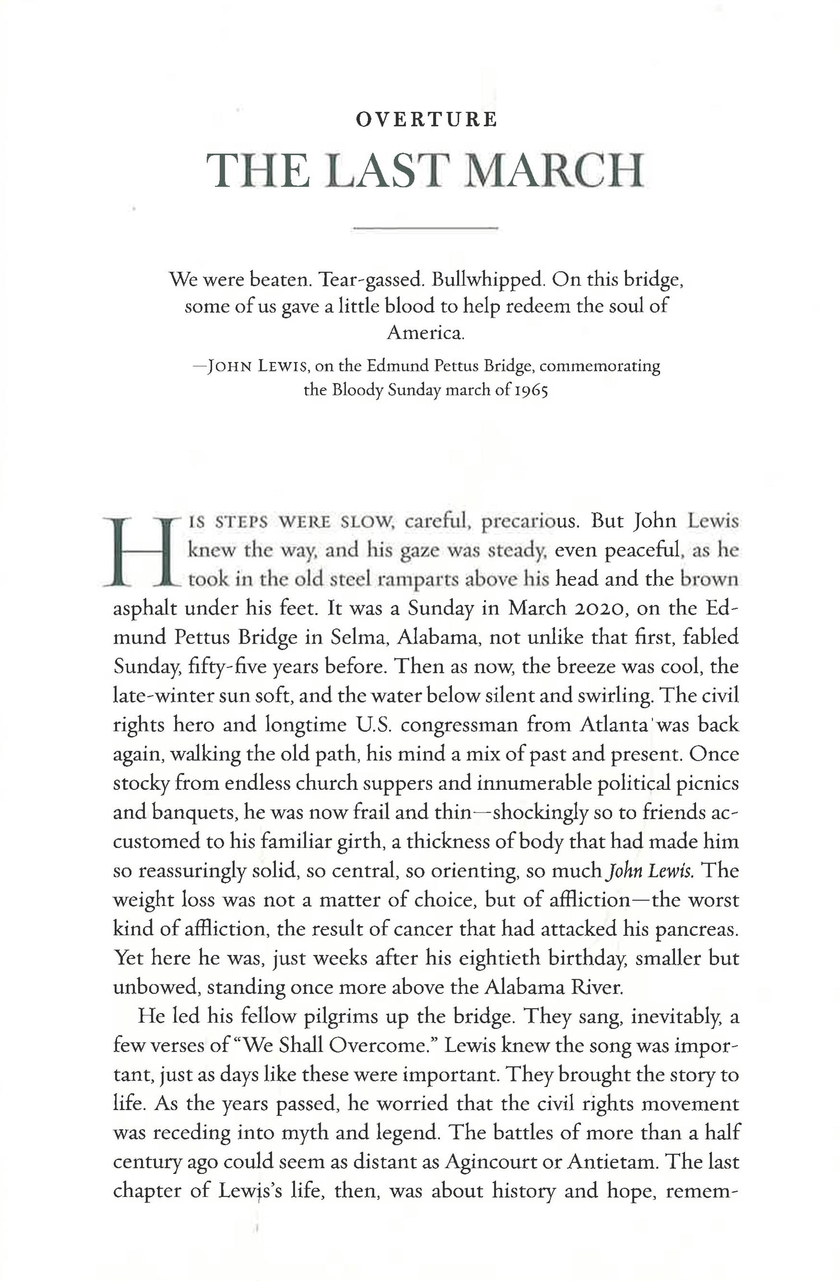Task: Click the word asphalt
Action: click(146, 609)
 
